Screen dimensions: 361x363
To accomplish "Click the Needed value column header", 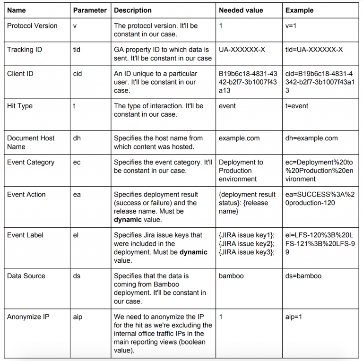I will point(241,10).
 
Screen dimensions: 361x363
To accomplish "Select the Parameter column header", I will point(90,10).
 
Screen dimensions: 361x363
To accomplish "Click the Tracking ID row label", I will point(25,50).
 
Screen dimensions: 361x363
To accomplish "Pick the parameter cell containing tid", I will point(77,50).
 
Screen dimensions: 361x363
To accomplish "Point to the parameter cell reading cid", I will point(78,74).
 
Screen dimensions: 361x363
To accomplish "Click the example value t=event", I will point(297,106).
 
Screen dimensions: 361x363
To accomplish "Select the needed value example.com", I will point(239,138).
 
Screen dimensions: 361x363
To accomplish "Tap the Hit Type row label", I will point(20,106).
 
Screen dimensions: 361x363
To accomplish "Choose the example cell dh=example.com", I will point(311,138).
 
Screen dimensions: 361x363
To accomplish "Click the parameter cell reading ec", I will point(77,162).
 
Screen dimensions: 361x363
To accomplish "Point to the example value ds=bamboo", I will point(303,276).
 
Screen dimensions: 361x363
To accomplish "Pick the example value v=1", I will point(292,26).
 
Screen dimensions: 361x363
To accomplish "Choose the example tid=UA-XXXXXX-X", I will point(314,50).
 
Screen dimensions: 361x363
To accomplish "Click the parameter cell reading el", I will point(76,235).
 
